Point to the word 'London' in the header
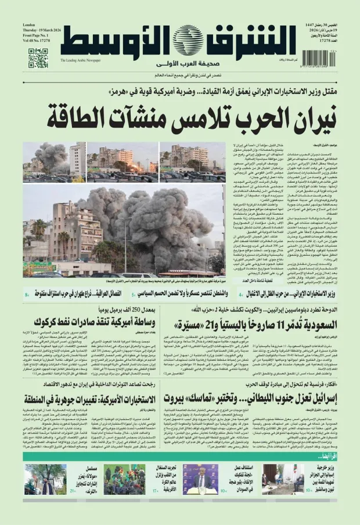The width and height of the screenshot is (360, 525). click(29, 26)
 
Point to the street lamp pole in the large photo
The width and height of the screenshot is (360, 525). click(124, 244)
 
